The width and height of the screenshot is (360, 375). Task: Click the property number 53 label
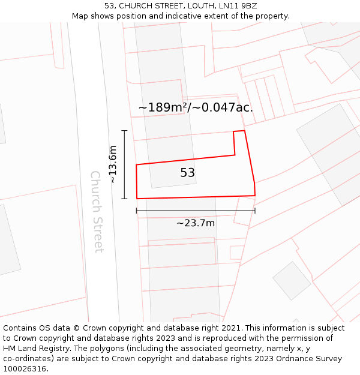187,173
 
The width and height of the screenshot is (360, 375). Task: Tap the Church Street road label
97,211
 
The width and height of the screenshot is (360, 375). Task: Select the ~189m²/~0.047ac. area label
196,107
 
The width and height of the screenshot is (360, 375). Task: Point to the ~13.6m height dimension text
113,164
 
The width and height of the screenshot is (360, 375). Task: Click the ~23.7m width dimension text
196,223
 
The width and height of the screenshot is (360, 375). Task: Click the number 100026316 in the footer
24,369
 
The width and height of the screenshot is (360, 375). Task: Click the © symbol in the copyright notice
76,328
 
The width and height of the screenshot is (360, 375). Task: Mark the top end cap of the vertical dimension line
124,130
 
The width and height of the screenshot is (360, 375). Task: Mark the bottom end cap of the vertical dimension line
124,199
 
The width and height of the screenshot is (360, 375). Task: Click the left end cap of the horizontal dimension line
137,211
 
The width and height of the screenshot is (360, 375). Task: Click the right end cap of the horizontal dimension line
255,211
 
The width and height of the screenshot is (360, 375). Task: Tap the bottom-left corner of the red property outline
137,199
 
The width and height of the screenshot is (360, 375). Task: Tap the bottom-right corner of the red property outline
255,196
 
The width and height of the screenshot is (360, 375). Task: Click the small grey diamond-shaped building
292,280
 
